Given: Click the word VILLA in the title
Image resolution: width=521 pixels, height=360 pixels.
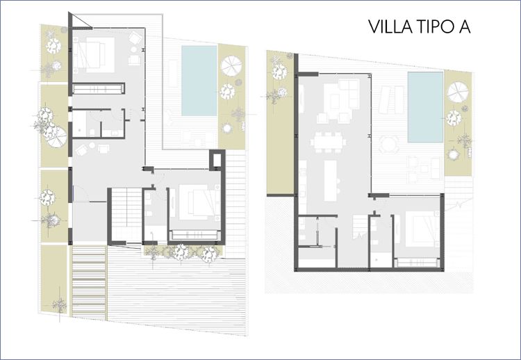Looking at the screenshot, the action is click(389, 26).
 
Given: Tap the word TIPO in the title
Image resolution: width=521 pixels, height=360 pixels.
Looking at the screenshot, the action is click(433, 26).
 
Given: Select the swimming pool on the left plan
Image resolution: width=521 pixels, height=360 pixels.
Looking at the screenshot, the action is click(199, 81).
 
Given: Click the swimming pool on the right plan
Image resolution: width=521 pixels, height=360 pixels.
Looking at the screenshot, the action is click(425, 107).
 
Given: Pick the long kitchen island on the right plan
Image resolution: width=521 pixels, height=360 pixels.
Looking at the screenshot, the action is click(330, 181).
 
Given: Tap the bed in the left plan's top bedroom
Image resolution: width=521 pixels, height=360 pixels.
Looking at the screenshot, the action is click(94, 54).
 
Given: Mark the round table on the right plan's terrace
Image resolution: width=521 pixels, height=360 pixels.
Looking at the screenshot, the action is click(388, 145).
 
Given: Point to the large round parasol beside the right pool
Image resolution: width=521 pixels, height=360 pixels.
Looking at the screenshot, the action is click(458, 92).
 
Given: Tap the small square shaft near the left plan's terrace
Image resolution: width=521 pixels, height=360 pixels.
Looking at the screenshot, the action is click(217, 161).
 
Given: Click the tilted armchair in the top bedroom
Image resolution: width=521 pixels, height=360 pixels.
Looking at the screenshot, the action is click(135, 38).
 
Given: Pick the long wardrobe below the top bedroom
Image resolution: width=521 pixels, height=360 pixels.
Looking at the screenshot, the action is click(99, 88).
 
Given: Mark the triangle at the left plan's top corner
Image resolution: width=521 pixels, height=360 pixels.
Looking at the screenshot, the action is click(81, 22).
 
